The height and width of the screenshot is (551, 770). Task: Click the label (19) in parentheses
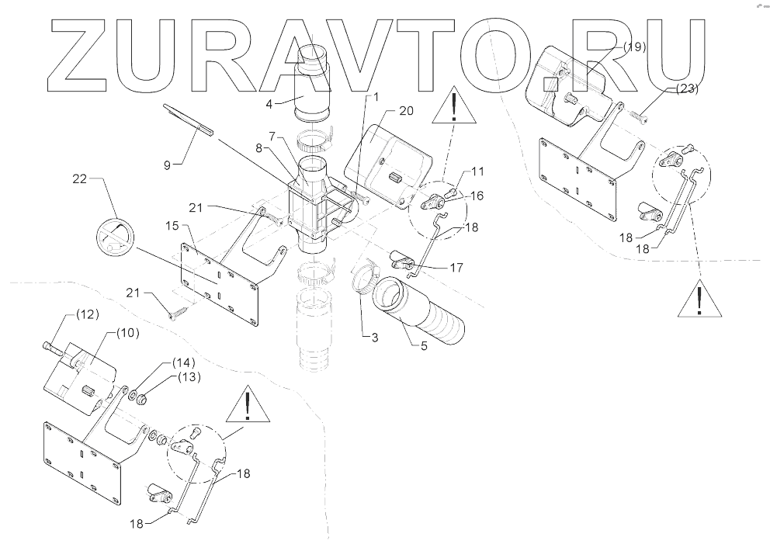tap(633, 47)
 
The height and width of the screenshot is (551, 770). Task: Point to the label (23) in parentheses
tap(686, 89)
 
